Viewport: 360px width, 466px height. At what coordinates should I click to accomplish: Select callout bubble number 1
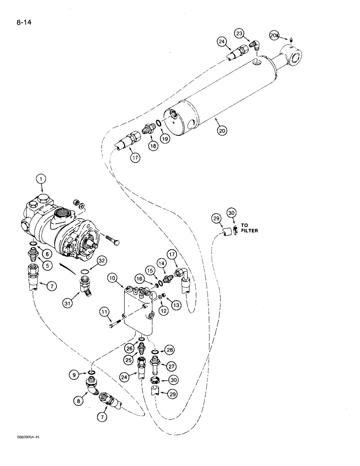tap(42, 178)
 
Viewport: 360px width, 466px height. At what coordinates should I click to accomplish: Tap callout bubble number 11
tap(104, 311)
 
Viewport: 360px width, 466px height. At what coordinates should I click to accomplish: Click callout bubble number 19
tap(166, 138)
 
